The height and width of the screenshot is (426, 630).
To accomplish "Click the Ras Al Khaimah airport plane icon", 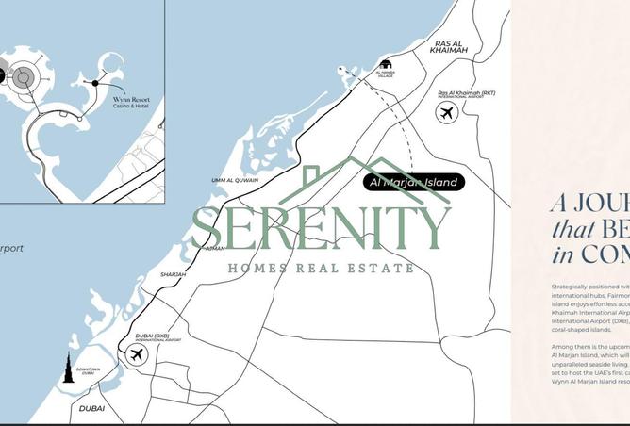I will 446,113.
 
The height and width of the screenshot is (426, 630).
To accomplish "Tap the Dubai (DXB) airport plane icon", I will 137,355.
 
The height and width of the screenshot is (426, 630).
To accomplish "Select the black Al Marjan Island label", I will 414,182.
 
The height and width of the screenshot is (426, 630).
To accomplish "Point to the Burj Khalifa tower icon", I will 68,369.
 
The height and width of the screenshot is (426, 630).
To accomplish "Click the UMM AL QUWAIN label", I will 235,180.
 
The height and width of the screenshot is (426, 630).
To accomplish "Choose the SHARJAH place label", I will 173,274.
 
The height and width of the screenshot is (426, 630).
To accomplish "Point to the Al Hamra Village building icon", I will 385,63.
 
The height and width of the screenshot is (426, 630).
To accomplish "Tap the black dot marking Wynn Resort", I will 95,83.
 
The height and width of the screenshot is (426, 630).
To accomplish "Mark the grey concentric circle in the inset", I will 24,77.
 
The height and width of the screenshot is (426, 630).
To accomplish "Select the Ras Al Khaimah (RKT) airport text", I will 466,94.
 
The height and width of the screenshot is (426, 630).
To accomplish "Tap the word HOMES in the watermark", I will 257,269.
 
